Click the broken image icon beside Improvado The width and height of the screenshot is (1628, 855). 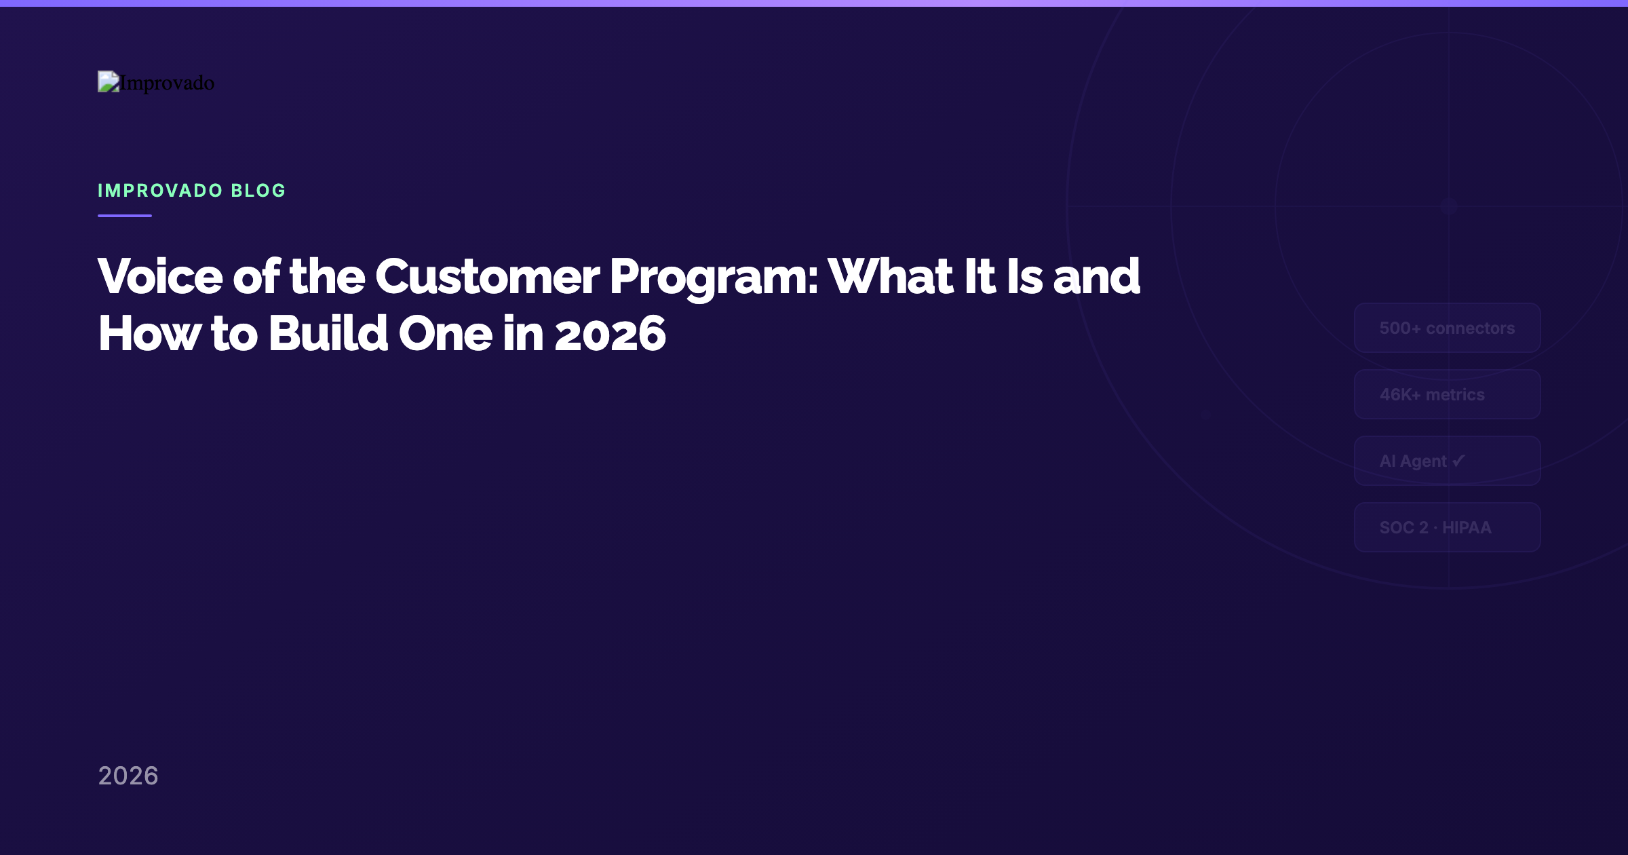click(109, 81)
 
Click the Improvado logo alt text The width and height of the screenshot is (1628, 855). click(167, 83)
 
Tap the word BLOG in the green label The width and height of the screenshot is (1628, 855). click(258, 191)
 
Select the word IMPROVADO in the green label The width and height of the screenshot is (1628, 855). click(160, 191)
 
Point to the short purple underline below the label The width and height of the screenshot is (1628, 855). click(125, 216)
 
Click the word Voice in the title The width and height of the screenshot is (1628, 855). click(160, 277)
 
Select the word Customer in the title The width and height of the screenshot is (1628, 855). click(487, 277)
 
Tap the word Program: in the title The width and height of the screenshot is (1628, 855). click(714, 277)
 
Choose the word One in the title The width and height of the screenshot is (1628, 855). click(445, 334)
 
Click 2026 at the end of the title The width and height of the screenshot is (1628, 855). click(610, 334)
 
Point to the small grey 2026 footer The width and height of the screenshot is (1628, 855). click(128, 776)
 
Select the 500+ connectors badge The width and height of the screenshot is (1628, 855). click(1447, 328)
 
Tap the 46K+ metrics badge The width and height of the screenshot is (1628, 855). click(1447, 394)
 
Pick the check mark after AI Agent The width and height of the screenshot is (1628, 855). click(1458, 461)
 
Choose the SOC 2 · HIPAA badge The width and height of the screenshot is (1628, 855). click(1447, 527)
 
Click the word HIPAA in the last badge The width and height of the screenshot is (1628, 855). click(1467, 527)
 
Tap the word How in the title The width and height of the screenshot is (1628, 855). click(149, 334)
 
